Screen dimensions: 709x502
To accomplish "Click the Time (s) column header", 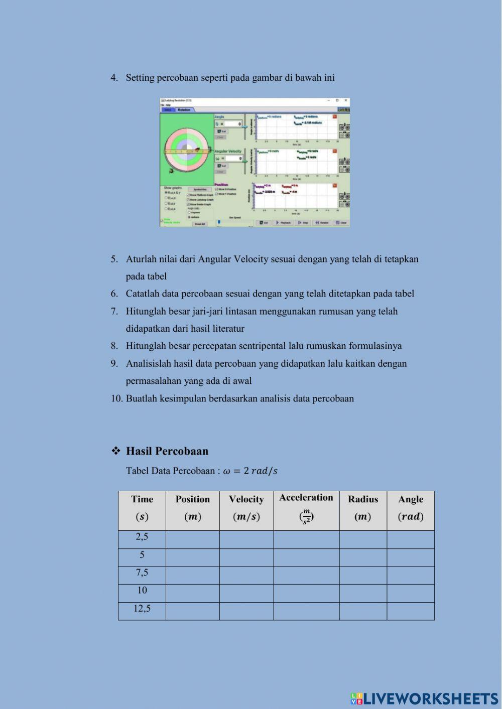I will [142, 508].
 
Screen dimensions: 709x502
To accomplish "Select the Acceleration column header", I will [306, 508].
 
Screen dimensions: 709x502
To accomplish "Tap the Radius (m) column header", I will [363, 508].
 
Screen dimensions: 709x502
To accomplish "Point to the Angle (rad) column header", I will [411, 508].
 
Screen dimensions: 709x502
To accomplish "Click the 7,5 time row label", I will [142, 573].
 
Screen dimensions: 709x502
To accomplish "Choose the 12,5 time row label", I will [142, 609].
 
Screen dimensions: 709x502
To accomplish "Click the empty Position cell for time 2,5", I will [193, 539].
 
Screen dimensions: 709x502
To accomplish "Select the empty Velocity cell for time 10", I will [246, 593].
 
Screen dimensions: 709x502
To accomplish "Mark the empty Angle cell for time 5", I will [411, 557].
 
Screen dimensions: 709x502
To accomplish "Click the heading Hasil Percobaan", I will [167, 451].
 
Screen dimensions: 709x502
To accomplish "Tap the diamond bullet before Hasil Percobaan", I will [116, 451].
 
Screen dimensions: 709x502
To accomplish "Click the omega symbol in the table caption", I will [226, 471].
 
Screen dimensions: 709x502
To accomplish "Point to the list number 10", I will [116, 399].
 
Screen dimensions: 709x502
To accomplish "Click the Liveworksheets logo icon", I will [356, 698].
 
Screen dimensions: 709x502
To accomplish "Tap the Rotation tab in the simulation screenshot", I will [184, 109].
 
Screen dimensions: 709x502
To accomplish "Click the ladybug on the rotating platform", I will [198, 150].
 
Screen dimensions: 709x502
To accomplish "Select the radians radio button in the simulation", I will [189, 217].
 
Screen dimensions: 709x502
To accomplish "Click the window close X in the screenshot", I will [345, 100].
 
